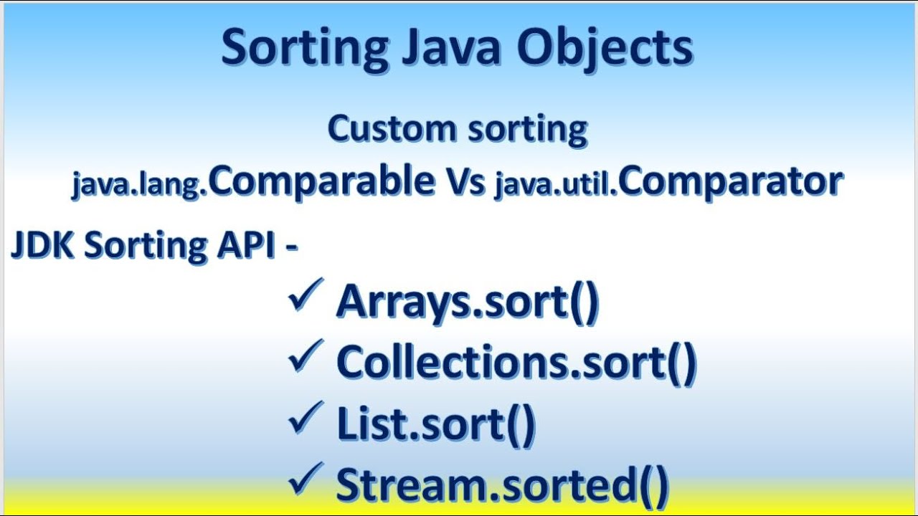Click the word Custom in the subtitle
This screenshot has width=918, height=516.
[392, 129]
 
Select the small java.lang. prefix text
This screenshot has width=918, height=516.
[139, 184]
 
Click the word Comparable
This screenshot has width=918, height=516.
[321, 181]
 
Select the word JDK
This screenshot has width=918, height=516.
[43, 245]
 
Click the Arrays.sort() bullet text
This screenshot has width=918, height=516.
[467, 301]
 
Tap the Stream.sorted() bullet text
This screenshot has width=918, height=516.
[502, 484]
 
